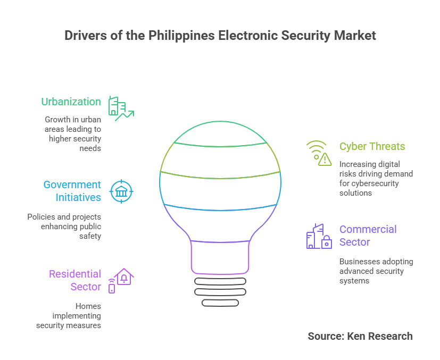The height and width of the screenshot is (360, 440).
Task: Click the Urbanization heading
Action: coord(71,102)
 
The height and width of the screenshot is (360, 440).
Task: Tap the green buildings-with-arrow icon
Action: coord(121,109)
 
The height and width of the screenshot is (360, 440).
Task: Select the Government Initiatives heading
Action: coord(72,191)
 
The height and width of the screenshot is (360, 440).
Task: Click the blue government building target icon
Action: coord(121,191)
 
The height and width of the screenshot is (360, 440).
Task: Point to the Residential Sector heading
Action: coord(75,280)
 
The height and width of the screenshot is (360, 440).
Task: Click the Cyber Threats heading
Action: coord(372,146)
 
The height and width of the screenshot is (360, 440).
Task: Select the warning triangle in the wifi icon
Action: coord(325,159)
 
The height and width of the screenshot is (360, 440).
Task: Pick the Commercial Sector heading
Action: coord(368,236)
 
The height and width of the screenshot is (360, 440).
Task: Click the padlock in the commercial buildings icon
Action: coord(327,242)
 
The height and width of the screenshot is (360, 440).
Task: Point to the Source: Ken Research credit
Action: coord(360,336)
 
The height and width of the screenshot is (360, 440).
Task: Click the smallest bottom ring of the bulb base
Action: coord(220,303)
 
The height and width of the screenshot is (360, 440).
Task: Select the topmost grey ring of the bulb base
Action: coord(220,281)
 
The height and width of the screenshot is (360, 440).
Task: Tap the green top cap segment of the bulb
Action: coord(220,122)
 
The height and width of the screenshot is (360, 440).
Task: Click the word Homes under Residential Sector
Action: coord(88,306)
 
